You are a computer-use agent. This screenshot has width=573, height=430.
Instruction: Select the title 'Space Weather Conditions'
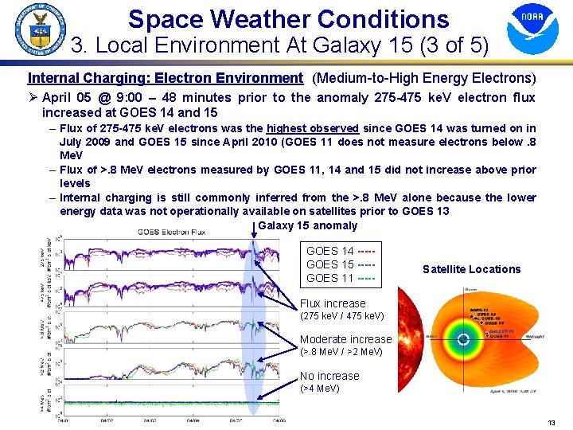pos(288,18)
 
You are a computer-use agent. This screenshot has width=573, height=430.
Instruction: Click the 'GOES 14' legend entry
pos(341,251)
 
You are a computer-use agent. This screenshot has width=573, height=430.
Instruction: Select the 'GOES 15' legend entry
pos(341,264)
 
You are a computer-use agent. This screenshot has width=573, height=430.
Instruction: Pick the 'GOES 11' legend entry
pos(341,278)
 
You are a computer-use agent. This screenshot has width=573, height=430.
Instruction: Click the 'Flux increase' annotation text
pos(333,303)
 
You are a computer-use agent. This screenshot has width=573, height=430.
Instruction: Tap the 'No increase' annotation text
pos(329,376)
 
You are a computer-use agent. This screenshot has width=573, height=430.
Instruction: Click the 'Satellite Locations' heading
pos(471,269)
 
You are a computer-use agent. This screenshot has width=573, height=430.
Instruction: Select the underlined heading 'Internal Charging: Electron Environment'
pos(165,78)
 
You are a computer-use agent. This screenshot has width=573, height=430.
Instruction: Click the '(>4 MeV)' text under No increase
pos(319,388)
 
